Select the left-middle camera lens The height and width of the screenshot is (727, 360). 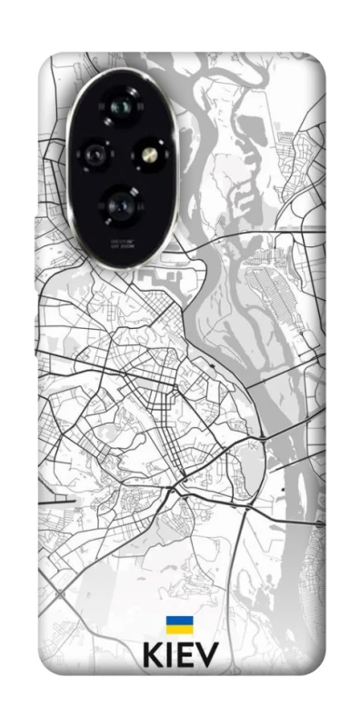94,155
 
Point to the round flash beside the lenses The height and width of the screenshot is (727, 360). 149,155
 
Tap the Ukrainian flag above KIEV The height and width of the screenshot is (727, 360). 179,624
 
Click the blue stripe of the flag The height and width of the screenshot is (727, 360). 179,620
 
